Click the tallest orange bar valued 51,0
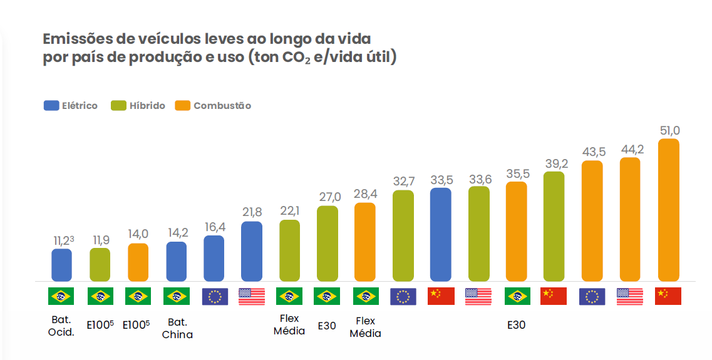coord(668,210)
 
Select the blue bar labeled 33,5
coord(440,234)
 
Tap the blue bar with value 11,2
coord(61,265)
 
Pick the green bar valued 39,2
coord(554,226)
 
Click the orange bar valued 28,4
coord(364,242)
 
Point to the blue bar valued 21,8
coord(251,251)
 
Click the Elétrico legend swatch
coord(51,106)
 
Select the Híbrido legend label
coord(147,106)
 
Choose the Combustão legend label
coord(222,106)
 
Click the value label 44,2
coord(630,149)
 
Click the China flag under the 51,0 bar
coord(668,296)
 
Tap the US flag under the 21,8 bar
coord(252,296)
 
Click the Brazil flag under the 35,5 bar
coord(517,296)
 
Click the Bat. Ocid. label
coord(61,326)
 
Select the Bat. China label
coord(177,328)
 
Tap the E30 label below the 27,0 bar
coord(327,326)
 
